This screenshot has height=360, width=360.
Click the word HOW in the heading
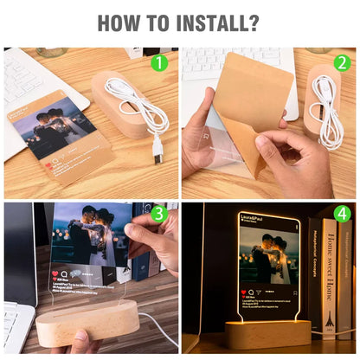pos(113,22)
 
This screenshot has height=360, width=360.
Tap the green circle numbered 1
pos(158,62)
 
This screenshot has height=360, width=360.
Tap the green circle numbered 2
pos(341,62)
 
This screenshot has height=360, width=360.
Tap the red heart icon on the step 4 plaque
pos(243,293)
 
